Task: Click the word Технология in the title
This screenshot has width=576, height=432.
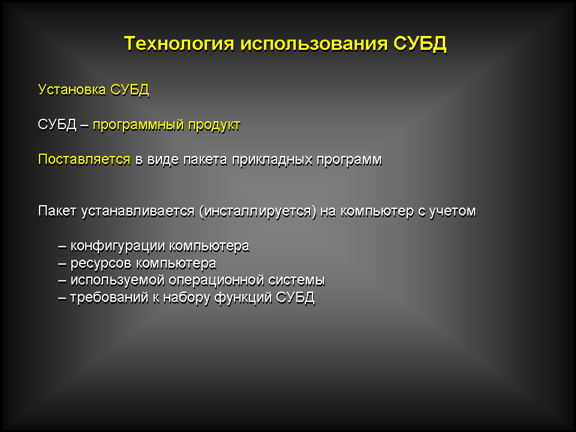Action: click(179, 43)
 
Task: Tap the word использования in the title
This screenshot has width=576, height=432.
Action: click(314, 44)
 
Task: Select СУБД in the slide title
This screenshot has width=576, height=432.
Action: click(420, 44)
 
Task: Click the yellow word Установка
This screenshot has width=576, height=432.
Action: click(72, 89)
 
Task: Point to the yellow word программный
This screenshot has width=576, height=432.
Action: click(138, 125)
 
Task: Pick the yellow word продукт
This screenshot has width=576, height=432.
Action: click(214, 125)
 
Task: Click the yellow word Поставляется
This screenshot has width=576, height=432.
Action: click(84, 160)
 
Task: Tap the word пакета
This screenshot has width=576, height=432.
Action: click(205, 160)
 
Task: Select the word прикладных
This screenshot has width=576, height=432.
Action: click(272, 160)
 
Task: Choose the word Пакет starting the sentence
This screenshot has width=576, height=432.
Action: click(57, 211)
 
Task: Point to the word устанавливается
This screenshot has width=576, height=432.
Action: click(137, 212)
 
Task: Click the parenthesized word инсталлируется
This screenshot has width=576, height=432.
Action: click(257, 212)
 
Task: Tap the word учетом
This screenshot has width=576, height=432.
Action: click(452, 212)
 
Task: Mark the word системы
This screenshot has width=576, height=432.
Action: click(296, 281)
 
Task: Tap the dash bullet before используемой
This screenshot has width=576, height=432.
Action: click(62, 281)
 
